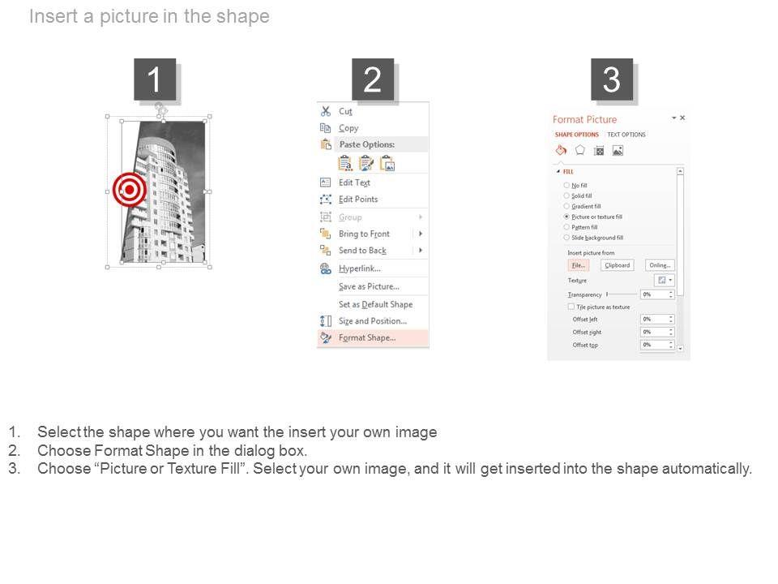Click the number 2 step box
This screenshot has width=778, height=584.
(x=372, y=79)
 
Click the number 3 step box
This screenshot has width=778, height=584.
(x=611, y=79)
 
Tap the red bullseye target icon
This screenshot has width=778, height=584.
(x=129, y=190)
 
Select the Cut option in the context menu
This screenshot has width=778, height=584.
(x=345, y=111)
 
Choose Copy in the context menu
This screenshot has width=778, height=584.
(x=348, y=128)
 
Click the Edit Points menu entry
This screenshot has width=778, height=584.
(x=357, y=200)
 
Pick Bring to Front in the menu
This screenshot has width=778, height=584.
(x=364, y=234)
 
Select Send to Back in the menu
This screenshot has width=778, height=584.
(x=362, y=251)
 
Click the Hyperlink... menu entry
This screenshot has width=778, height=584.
(x=359, y=268)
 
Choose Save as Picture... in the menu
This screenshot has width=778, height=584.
(x=369, y=286)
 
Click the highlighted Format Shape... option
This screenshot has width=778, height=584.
(x=367, y=338)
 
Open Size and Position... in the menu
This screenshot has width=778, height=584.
(x=372, y=321)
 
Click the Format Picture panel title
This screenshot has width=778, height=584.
(x=584, y=119)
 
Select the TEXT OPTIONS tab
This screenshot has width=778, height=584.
(x=626, y=135)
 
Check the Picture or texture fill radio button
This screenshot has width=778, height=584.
(x=566, y=217)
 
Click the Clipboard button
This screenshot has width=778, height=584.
(x=617, y=265)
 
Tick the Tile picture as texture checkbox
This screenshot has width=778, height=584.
(x=571, y=307)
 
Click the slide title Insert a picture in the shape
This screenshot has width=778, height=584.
(x=149, y=17)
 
